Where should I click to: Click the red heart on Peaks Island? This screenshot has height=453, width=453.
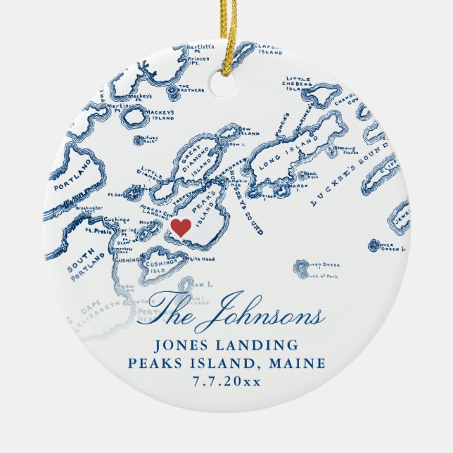click(181, 228)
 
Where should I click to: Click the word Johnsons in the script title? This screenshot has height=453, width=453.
click(270, 314)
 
